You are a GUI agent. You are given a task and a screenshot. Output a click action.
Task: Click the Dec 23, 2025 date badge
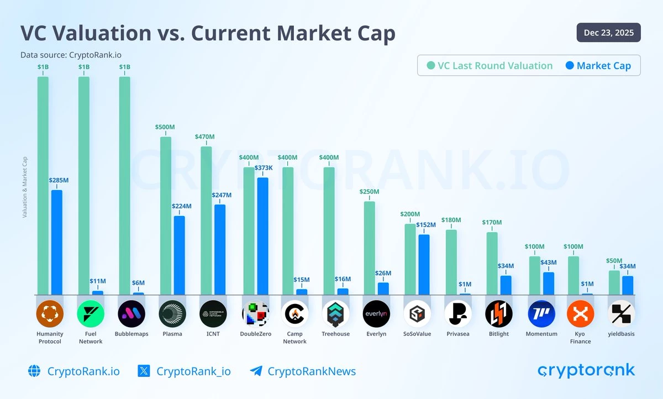tap(608, 33)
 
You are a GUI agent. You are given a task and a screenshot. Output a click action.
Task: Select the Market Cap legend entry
tap(603, 66)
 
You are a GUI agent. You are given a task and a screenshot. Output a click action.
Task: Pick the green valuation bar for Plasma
tap(165, 216)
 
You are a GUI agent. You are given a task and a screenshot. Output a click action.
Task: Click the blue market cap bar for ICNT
tap(220, 249)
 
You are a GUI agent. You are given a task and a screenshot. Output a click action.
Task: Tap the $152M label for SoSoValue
tap(425, 225)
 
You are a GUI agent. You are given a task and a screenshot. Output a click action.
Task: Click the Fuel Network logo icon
tap(91, 314)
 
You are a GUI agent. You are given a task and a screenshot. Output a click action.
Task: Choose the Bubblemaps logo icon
tap(131, 314)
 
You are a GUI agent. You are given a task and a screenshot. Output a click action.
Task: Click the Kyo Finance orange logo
tap(580, 314)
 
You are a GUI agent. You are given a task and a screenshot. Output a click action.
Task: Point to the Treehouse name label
tap(335, 334)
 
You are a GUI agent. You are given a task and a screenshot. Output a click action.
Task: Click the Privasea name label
tap(457, 334)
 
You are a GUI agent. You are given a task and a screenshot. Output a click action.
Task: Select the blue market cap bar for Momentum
tap(548, 283)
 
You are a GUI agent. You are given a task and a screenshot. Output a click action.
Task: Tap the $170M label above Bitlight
tap(491, 223)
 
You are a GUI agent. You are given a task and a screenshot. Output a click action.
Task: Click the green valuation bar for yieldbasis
tap(614, 282)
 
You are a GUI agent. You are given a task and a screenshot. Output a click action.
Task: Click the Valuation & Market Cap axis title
tap(24, 187)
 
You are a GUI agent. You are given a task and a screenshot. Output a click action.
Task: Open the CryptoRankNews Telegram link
tap(311, 371)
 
